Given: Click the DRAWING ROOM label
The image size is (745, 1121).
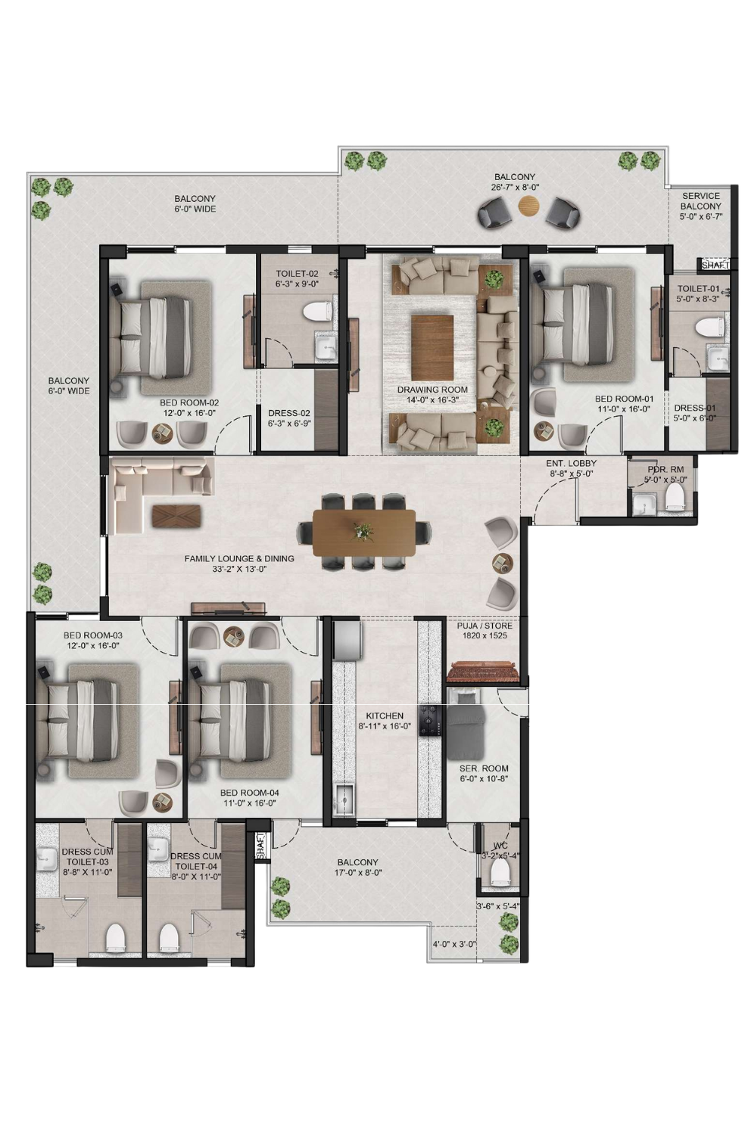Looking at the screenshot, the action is pos(432,390).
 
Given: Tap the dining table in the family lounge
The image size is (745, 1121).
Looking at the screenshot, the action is pos(364,533).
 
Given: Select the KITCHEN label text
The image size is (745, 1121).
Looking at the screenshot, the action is pos(385,716).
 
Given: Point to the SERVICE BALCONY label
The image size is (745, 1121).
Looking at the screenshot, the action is pos(700,200).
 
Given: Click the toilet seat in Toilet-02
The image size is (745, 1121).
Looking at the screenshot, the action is pos(317,312).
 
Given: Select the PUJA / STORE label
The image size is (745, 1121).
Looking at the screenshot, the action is pos(485,626).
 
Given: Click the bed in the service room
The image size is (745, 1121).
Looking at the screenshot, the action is pos(464,722).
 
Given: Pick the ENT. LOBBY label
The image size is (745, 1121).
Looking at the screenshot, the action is pos(571,463).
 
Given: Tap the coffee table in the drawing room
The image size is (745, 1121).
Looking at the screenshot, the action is pos(432,347).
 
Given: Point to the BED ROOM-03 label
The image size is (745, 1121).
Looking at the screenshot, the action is pos(92,635).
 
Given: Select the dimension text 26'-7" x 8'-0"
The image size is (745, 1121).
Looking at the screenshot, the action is pos(515,188).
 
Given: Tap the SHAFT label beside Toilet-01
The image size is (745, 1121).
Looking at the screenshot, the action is pos(715,265).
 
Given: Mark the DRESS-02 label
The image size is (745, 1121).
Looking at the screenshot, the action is pos(289,413).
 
